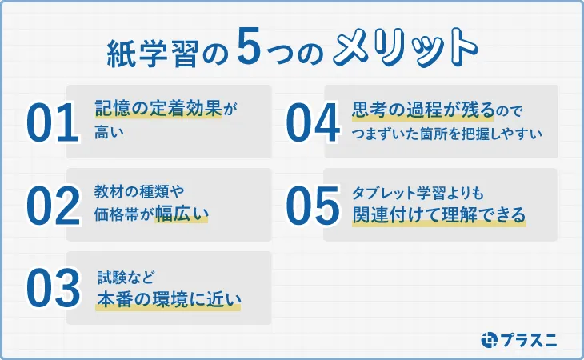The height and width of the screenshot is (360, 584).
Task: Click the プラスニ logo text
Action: tap(530, 339)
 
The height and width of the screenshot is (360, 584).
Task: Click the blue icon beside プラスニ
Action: tap(490, 339)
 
